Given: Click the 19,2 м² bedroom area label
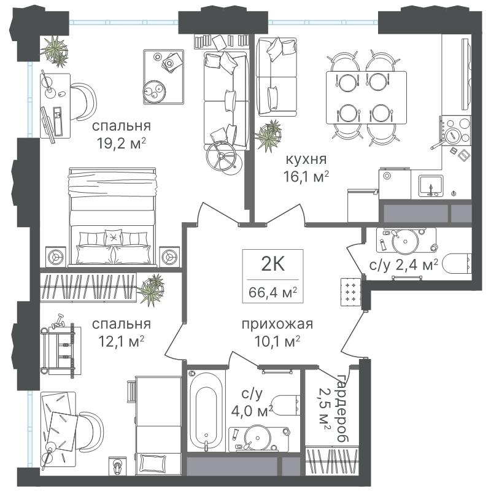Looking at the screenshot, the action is [x=122, y=144].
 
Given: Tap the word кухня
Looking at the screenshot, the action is [x=306, y=159].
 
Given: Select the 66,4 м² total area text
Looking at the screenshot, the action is [x=273, y=293].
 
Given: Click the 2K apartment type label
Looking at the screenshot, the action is [x=273, y=264].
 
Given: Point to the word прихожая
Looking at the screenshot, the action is [x=277, y=324].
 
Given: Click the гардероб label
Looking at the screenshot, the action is [x=343, y=408].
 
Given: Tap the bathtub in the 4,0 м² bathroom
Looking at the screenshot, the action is [x=206, y=411].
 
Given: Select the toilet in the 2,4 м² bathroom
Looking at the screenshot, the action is [x=457, y=265].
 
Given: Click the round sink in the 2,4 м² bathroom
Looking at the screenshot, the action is [x=405, y=241].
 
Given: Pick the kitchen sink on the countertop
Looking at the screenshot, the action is [x=431, y=186].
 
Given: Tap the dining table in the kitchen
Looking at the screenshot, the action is [x=366, y=98].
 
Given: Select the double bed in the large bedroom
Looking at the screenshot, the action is [x=112, y=217].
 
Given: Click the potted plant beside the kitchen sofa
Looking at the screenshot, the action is [x=268, y=135].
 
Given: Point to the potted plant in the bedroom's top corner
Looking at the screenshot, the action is [x=55, y=51].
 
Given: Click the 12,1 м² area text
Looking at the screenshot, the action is [x=122, y=341].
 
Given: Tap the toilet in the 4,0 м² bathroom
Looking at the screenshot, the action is [x=284, y=405].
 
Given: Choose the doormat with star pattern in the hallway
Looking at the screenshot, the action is [x=350, y=292].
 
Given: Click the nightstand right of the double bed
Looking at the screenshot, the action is [x=169, y=257].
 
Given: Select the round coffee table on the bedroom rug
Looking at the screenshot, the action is [x=155, y=92].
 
